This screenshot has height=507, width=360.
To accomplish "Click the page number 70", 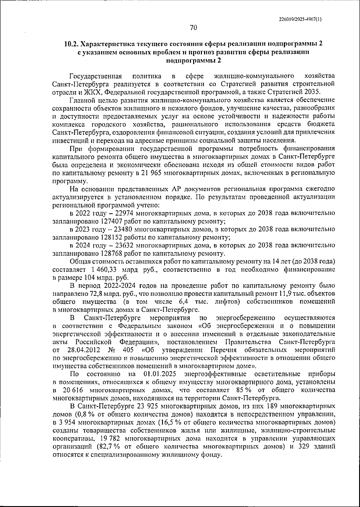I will coord(193,28).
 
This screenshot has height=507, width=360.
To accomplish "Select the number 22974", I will coord(123,213).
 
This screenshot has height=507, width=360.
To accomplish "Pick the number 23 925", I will coord(148,406).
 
